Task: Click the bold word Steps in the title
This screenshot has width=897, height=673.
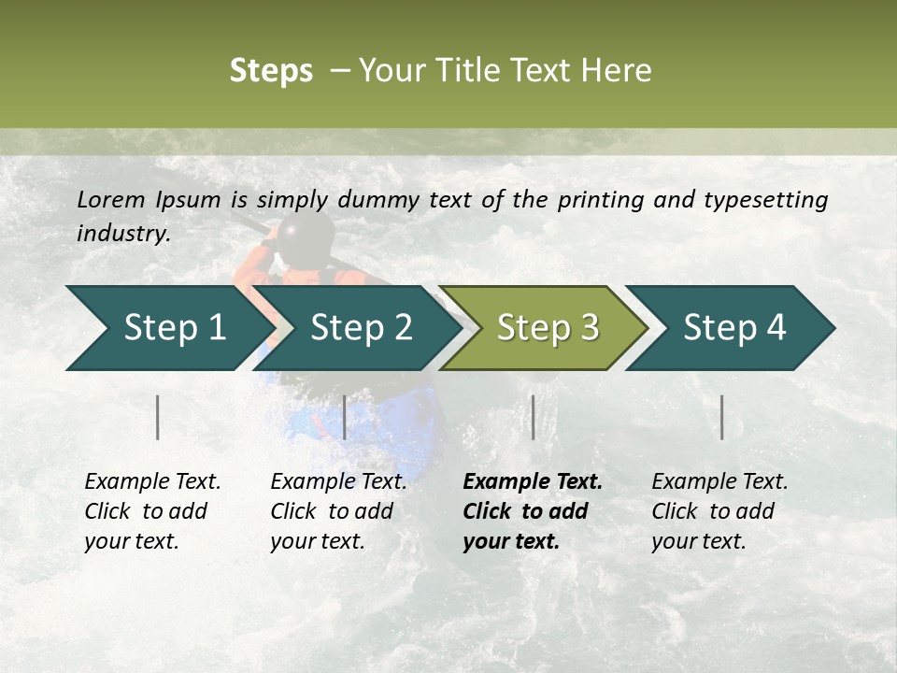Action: point(271,71)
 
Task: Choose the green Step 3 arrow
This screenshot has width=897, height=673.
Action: point(547,328)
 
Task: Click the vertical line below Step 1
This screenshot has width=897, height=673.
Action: point(158,417)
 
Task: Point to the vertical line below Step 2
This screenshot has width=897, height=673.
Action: point(345,417)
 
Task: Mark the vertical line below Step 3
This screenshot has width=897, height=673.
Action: point(533,417)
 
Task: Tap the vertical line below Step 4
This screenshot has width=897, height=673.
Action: point(722,417)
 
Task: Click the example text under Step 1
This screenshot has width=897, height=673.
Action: point(152,511)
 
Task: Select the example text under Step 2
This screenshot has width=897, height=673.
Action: point(337,511)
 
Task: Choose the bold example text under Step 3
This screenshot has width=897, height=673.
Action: point(532,511)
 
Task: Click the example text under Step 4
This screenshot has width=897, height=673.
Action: point(719,511)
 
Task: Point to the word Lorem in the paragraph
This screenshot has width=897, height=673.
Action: point(111,200)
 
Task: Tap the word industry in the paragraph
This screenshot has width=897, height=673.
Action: point(122,234)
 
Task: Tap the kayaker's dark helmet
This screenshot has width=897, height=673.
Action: point(305,234)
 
